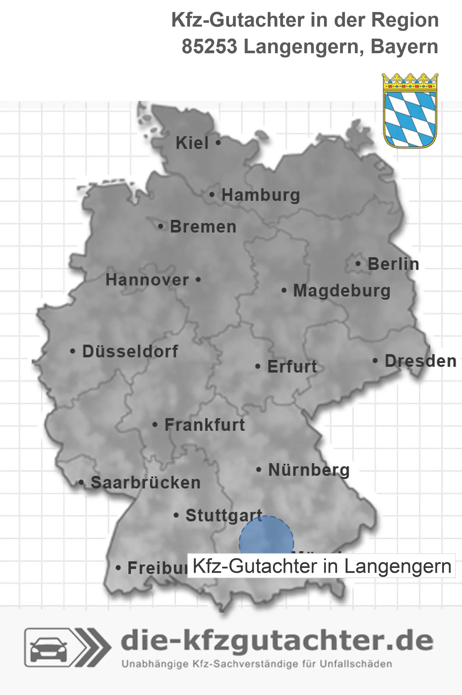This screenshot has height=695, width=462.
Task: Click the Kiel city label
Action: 192,143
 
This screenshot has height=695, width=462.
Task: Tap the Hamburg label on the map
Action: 260,195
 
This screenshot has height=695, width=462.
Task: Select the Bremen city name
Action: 203,227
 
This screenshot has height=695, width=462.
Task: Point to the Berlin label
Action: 393,264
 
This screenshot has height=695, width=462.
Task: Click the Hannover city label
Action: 147,280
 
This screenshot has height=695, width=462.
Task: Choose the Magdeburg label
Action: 342,291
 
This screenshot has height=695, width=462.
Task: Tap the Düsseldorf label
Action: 130,351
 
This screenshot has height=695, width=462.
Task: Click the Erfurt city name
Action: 292,367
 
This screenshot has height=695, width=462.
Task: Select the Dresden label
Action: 421,361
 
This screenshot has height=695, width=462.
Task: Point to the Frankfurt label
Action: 205,425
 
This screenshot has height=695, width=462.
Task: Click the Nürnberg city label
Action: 309,470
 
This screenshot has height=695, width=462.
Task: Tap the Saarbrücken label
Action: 146,483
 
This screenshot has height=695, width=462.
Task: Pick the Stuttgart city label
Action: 224,516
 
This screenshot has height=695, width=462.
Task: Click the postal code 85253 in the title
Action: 209,47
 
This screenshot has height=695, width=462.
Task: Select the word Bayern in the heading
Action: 404,47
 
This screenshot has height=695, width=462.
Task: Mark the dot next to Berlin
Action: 358,264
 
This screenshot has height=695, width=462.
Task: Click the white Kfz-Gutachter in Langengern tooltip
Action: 321,566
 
